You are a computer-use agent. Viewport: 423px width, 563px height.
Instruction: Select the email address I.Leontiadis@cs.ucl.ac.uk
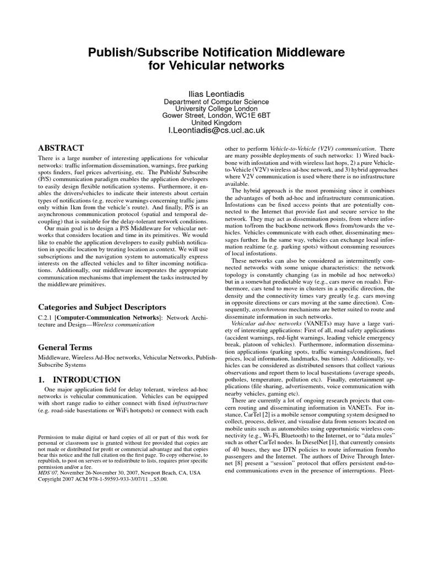click(x=216, y=131)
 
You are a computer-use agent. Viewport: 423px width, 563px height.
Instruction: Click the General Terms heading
click(x=64, y=347)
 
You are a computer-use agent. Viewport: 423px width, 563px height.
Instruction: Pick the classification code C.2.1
click(x=45, y=318)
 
